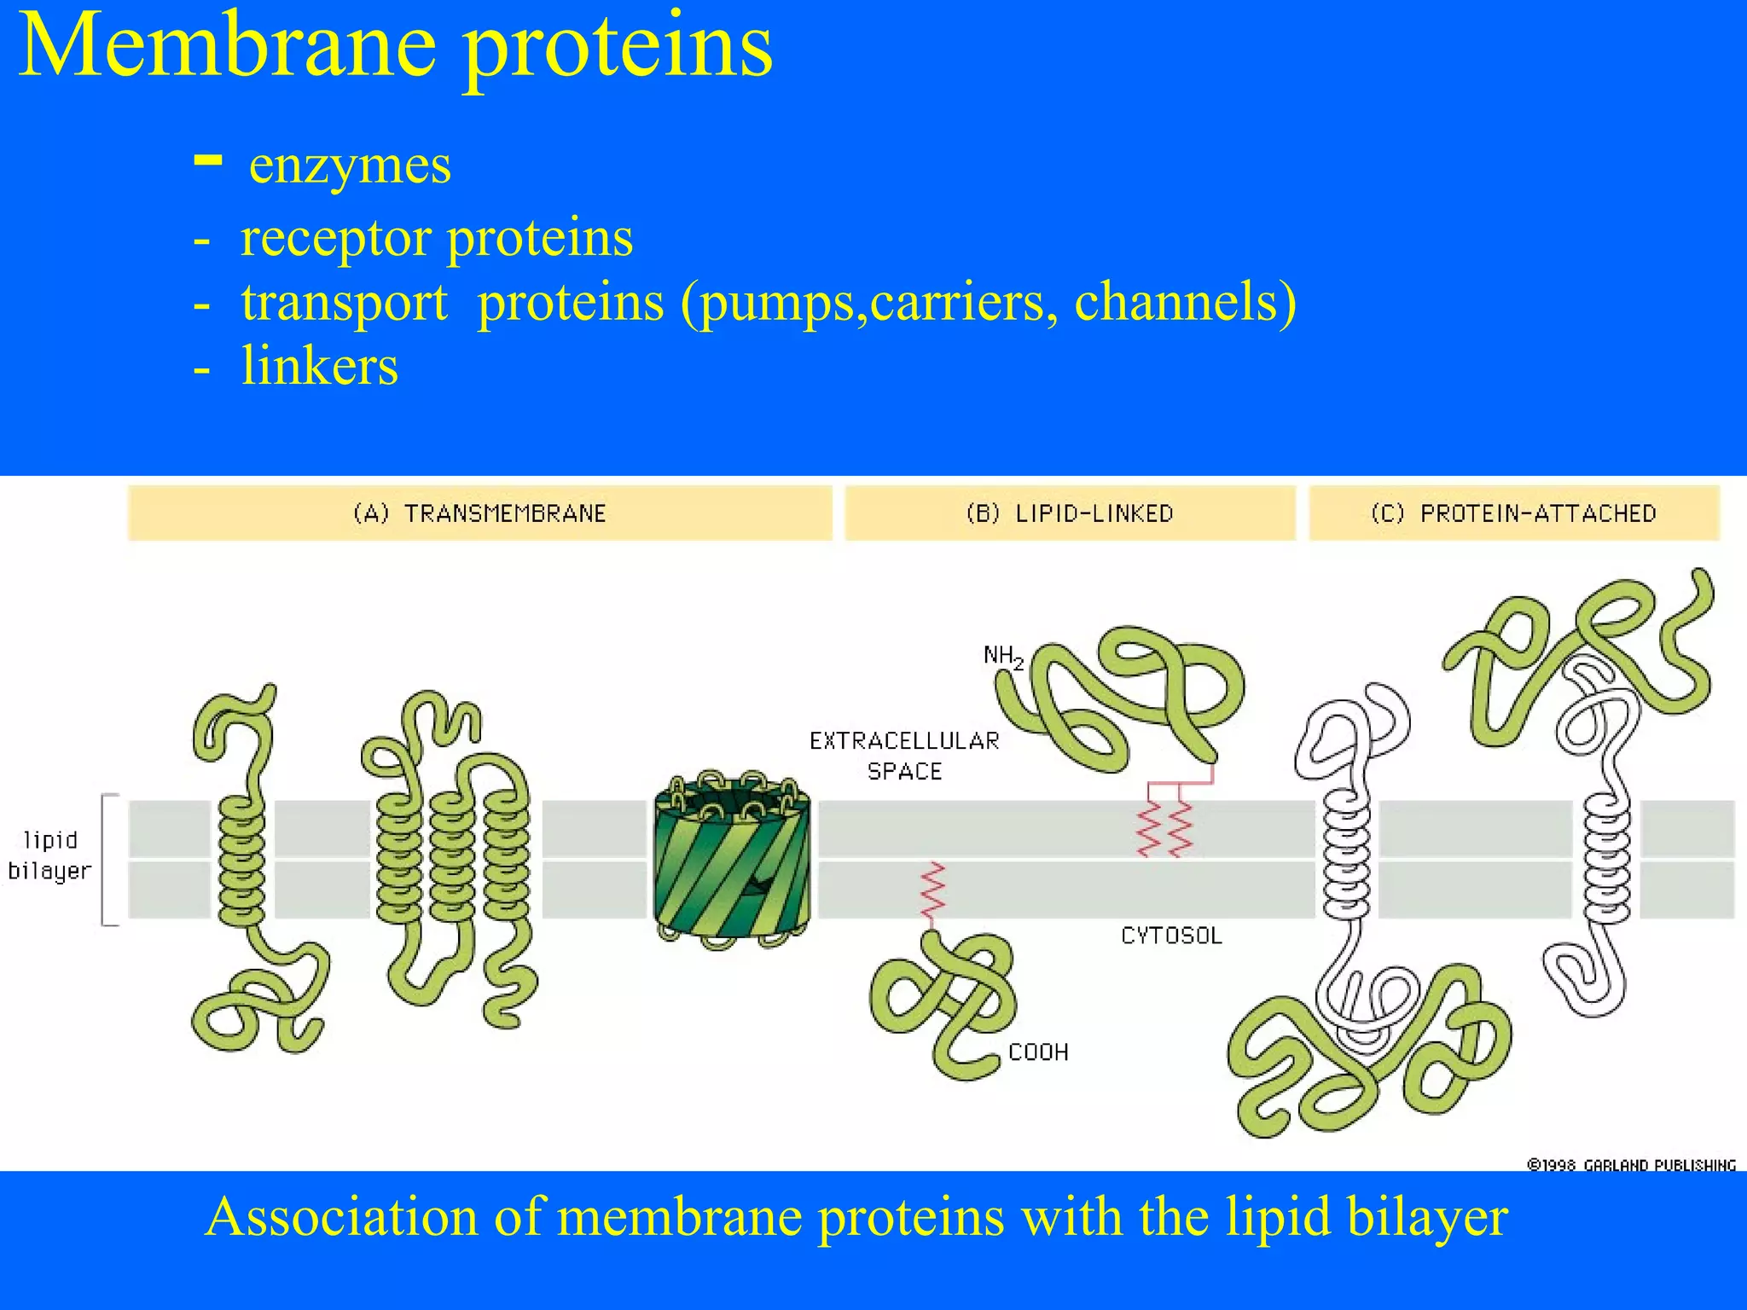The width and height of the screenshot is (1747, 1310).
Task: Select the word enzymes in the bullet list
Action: tap(350, 165)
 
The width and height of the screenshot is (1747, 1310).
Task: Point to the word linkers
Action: tap(319, 367)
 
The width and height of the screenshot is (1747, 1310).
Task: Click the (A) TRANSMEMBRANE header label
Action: tap(479, 513)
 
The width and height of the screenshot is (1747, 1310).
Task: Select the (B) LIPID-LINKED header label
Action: tap(1070, 513)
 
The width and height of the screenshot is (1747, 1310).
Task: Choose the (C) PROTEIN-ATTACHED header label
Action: tap(1513, 513)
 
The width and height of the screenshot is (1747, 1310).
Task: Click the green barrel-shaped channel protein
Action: tap(732, 861)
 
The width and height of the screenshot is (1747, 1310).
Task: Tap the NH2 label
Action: tap(1002, 657)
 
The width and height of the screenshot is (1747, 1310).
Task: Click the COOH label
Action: tap(1038, 1052)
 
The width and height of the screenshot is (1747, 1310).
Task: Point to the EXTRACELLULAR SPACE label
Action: tap(904, 756)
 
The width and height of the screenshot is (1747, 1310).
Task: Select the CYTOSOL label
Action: tap(1171, 936)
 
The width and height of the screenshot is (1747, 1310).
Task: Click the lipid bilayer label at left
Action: tap(49, 855)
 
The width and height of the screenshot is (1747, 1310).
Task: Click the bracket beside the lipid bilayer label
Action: tap(106, 860)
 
